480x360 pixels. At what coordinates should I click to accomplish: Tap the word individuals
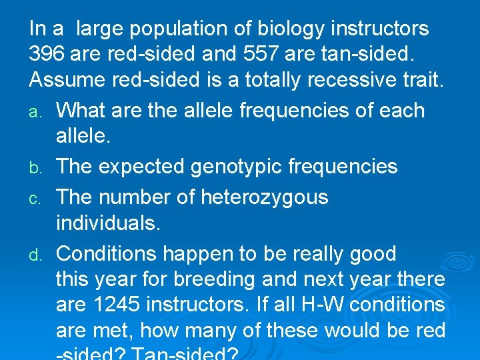coord(108,223)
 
